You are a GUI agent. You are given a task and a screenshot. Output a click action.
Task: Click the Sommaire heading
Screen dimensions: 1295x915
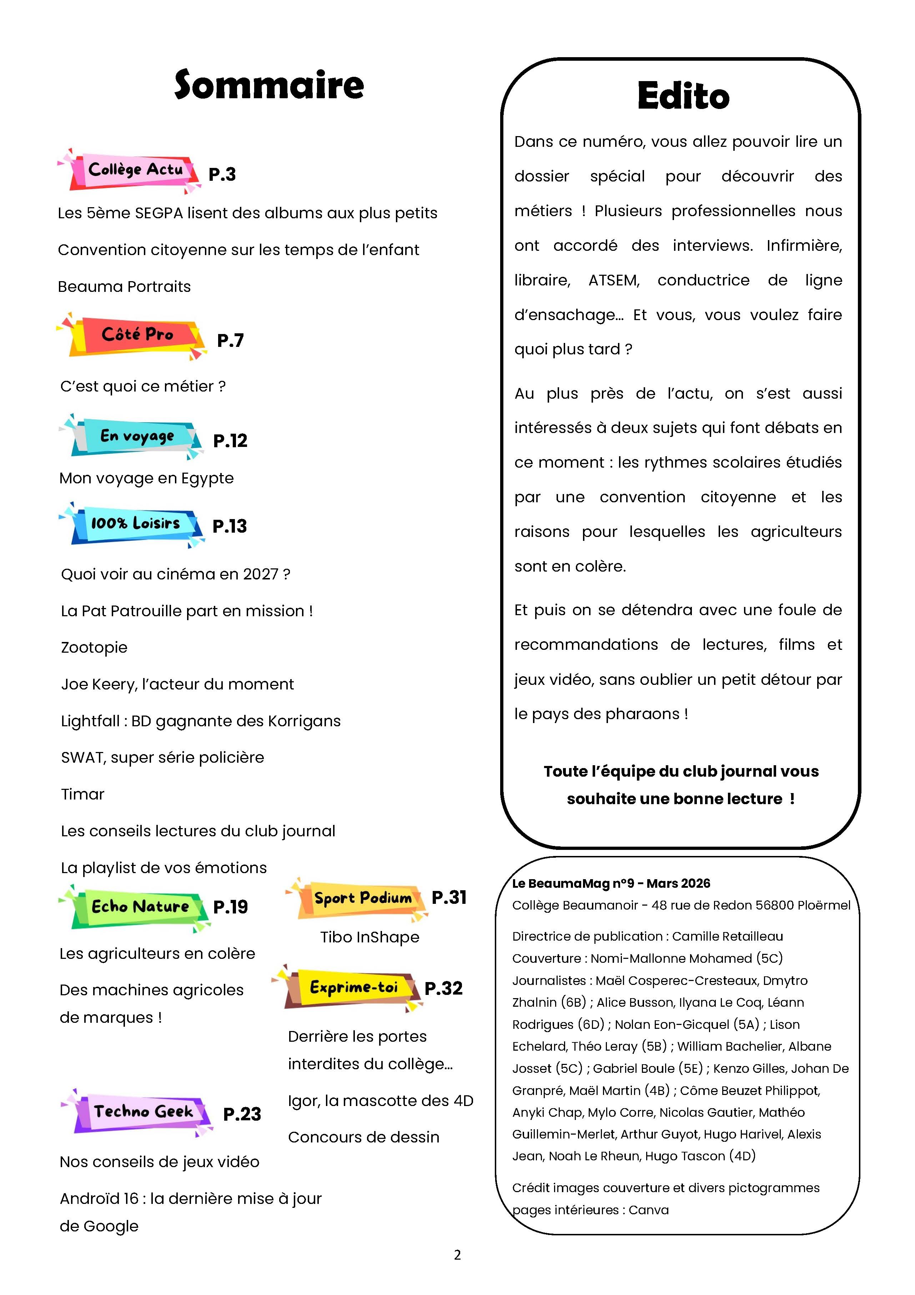(x=269, y=85)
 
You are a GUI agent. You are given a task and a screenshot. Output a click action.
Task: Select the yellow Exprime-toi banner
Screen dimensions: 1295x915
(x=353, y=988)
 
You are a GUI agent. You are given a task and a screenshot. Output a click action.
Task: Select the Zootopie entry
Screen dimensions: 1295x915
(x=94, y=647)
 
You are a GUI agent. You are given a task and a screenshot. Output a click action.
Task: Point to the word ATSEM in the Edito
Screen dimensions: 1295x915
(x=614, y=280)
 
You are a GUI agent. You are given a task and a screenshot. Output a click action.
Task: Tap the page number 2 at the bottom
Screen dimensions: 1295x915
(x=457, y=1255)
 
